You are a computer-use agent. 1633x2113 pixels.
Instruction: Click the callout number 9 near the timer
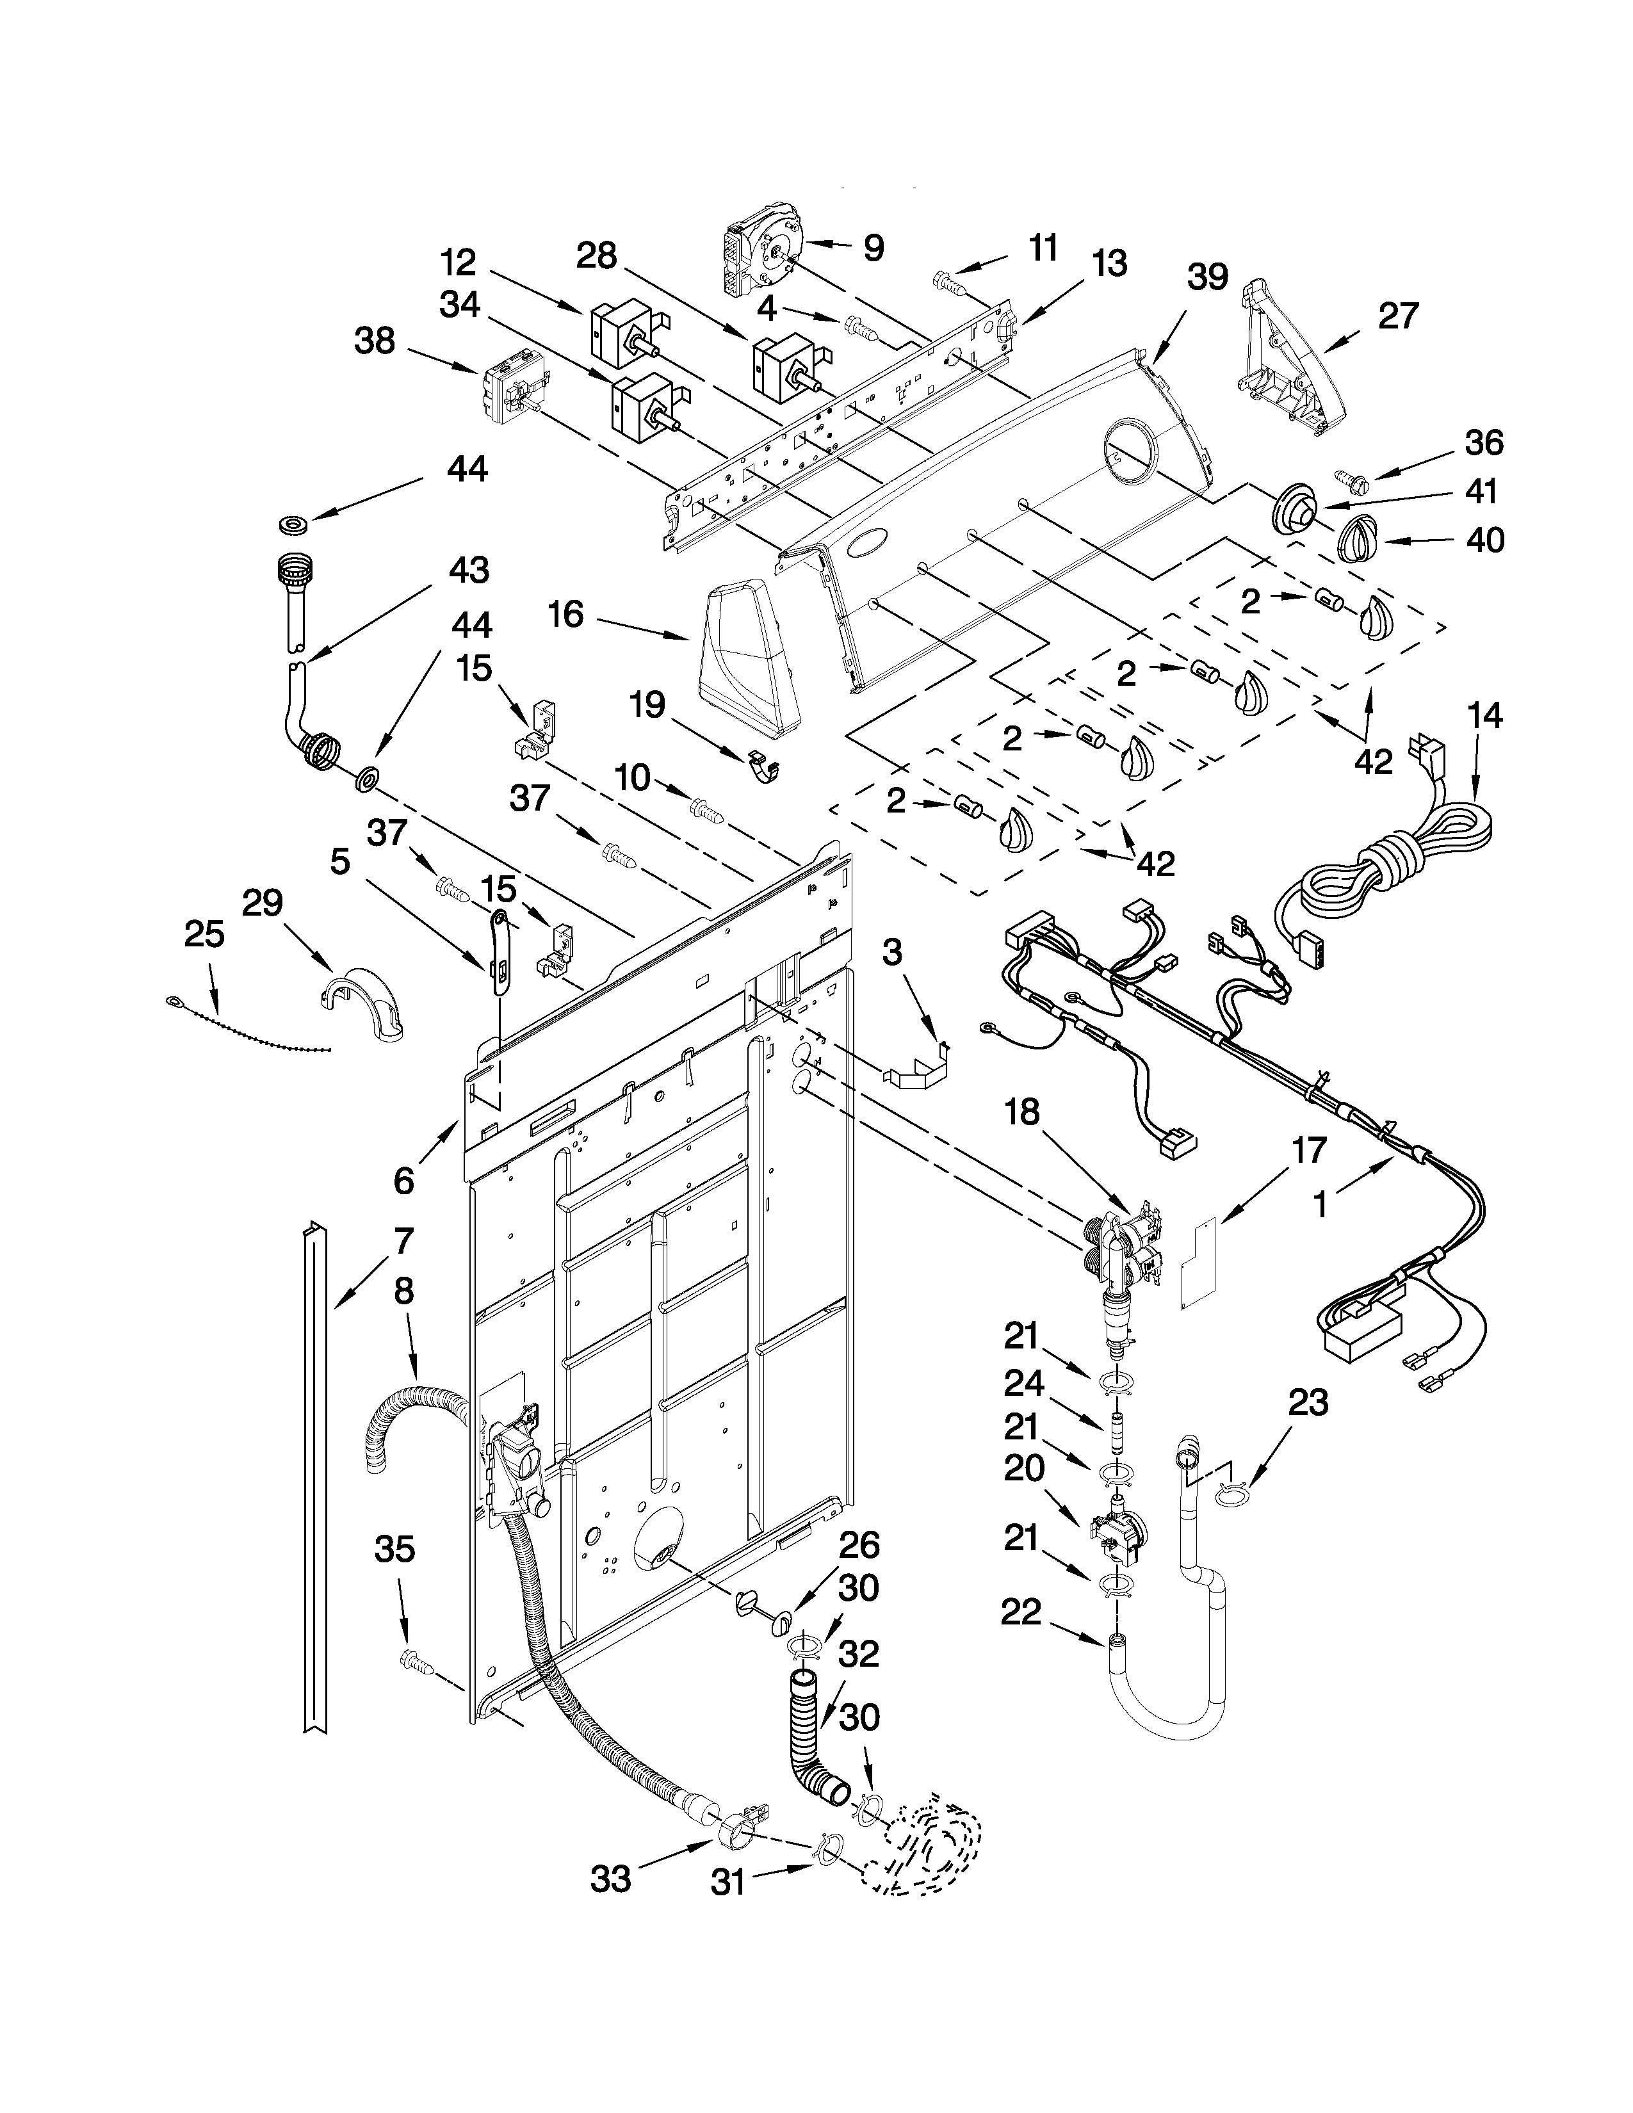click(x=873, y=248)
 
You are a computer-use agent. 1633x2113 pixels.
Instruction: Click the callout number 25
click(x=204, y=935)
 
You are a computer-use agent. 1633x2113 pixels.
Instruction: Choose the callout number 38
click(x=375, y=341)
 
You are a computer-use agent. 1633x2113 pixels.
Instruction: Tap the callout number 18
click(x=1021, y=1113)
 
